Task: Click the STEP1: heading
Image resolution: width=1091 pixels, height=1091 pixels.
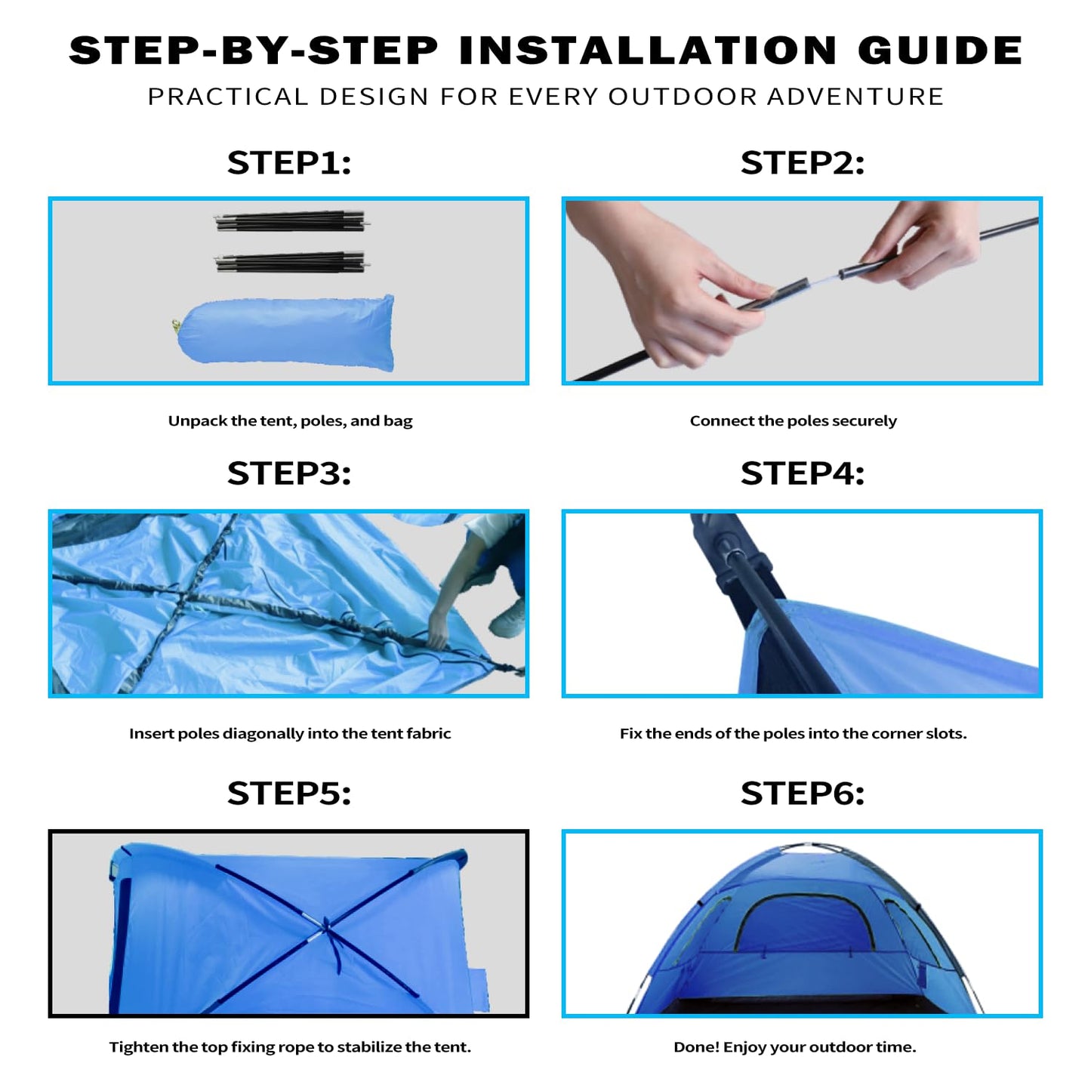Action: [289, 163]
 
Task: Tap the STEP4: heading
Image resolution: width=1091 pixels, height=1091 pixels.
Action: [802, 473]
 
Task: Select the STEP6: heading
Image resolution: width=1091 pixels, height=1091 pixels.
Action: [802, 794]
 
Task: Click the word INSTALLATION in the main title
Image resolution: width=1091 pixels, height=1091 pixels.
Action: [648, 51]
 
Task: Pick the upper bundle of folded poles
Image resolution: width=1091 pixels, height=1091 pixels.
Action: [291, 222]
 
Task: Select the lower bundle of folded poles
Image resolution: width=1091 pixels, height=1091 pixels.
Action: [291, 263]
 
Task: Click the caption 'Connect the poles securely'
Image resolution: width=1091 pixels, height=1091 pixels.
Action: [793, 421]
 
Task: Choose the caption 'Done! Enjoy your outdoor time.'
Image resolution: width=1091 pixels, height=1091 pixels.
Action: [794, 1047]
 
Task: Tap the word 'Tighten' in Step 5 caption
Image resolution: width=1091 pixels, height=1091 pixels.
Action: [138, 1047]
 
